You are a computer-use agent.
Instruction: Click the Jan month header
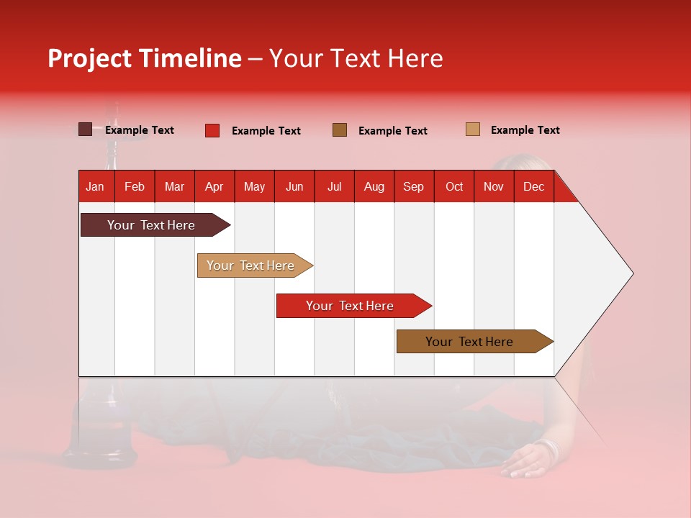point(95,186)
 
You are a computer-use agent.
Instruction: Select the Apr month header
point(214,186)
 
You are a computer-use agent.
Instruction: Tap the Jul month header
point(334,186)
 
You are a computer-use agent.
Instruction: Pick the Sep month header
point(413,186)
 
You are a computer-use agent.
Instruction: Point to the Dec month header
point(533,186)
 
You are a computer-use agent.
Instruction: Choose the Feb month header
point(135,186)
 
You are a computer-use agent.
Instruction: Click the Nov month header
point(493,186)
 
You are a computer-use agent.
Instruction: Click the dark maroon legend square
point(85,129)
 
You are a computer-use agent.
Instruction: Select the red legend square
point(212,130)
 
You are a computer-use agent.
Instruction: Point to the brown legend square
point(340,129)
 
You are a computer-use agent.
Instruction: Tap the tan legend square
point(472,129)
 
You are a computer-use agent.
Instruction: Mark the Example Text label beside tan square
point(525,129)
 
